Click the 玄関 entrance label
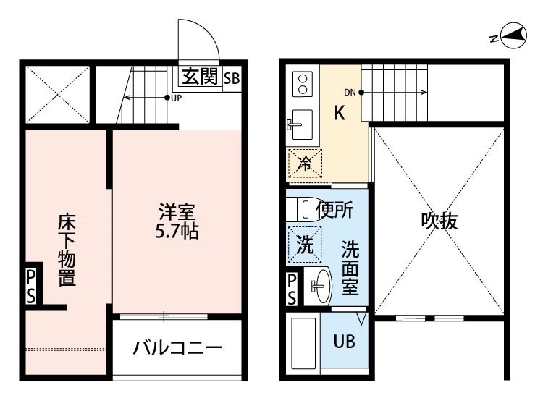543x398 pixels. click(x=200, y=77)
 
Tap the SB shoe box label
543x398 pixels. click(x=232, y=79)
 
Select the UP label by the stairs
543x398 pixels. click(x=176, y=98)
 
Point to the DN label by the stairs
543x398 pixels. click(x=350, y=93)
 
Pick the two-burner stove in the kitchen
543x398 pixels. click(x=303, y=84)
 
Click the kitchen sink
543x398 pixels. click(x=300, y=124)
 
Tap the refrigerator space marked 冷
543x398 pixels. click(x=305, y=164)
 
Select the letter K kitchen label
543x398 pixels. click(x=340, y=113)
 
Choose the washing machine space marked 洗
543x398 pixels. click(x=305, y=245)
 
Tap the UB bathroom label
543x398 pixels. click(x=344, y=342)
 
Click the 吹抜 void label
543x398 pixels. click(x=439, y=221)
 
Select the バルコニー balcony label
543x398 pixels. click(x=177, y=348)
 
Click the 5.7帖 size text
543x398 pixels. click(x=177, y=232)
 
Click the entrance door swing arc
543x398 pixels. click(x=208, y=32)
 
